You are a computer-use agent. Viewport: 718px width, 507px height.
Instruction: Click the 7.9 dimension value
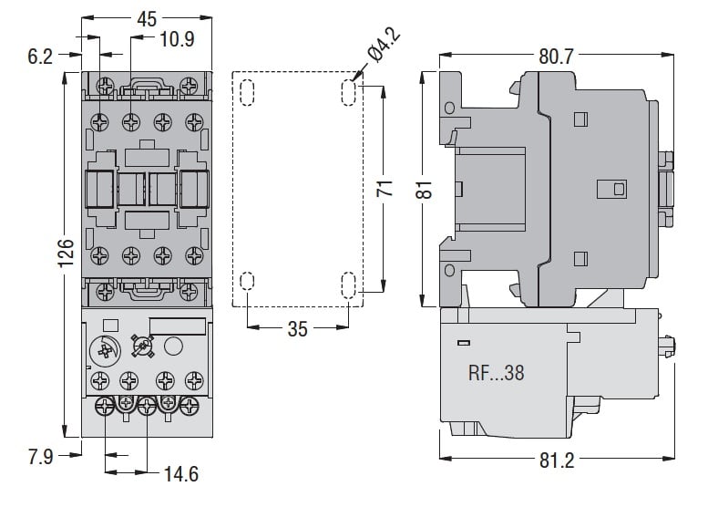[41, 455]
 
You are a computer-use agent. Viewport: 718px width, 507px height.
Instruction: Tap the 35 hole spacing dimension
[298, 329]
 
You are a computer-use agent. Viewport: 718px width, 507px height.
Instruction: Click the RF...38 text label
[497, 373]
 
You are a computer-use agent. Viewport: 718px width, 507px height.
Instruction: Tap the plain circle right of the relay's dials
[172, 347]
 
